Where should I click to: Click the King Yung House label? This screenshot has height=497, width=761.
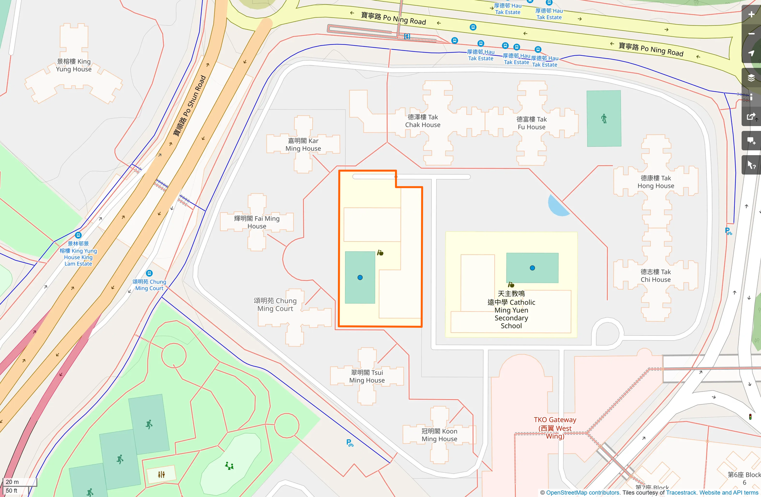point(74,65)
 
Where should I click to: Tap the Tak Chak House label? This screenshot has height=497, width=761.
point(423,121)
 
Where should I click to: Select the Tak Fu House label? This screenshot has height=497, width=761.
point(531,123)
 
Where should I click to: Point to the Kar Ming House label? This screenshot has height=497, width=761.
point(303,145)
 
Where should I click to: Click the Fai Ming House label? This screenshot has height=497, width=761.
point(256,222)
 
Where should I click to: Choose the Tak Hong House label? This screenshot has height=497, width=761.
point(656,182)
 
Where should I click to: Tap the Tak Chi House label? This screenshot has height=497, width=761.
point(655,276)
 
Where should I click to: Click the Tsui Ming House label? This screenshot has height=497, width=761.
point(367,376)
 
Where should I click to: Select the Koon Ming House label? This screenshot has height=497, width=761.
point(439,435)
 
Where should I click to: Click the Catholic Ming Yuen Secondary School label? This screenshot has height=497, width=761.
point(511,310)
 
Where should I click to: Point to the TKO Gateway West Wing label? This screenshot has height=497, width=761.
point(555,428)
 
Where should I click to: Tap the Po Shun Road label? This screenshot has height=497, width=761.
point(190,106)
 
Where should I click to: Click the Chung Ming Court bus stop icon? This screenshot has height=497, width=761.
point(149,273)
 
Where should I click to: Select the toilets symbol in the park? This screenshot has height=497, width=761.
point(161,474)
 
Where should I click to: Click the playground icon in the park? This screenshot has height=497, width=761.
point(229,466)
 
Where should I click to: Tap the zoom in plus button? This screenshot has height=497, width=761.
point(751,15)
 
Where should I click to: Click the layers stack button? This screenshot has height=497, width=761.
point(751,78)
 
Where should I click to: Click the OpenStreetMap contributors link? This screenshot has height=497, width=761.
point(583,493)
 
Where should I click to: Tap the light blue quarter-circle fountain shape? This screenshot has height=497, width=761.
point(557,206)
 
